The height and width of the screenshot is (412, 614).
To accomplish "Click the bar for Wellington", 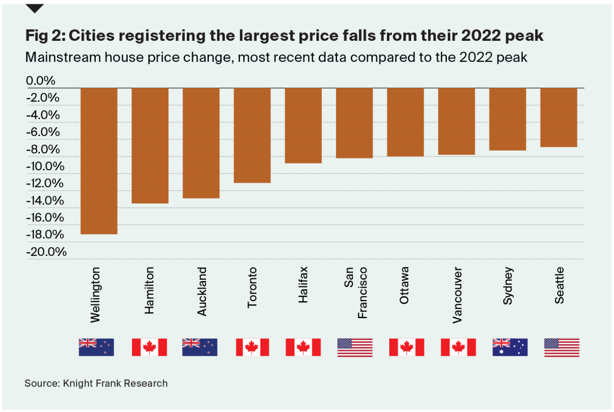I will [99, 160].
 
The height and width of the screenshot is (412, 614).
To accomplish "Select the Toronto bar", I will [252, 135].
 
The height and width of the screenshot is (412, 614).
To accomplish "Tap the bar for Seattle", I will [559, 117].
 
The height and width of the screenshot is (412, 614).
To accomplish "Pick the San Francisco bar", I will [354, 123].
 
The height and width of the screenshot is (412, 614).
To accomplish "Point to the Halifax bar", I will [303, 125].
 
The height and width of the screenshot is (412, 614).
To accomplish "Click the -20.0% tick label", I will [46, 252].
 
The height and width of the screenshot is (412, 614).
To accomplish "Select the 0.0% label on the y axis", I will [40, 81].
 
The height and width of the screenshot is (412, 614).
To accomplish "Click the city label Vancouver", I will [457, 295].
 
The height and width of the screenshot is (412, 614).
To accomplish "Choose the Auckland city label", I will [201, 291].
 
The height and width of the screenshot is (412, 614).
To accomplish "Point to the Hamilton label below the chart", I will [150, 291].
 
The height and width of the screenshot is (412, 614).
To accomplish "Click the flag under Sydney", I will [510, 347].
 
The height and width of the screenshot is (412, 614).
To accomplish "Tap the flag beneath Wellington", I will [96, 347].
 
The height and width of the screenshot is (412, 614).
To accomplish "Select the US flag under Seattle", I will [561, 348].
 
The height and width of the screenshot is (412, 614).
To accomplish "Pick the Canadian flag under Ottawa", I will [407, 347].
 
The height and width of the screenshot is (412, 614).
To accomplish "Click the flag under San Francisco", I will [355, 348].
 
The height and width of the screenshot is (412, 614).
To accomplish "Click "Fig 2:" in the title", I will [45, 36].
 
